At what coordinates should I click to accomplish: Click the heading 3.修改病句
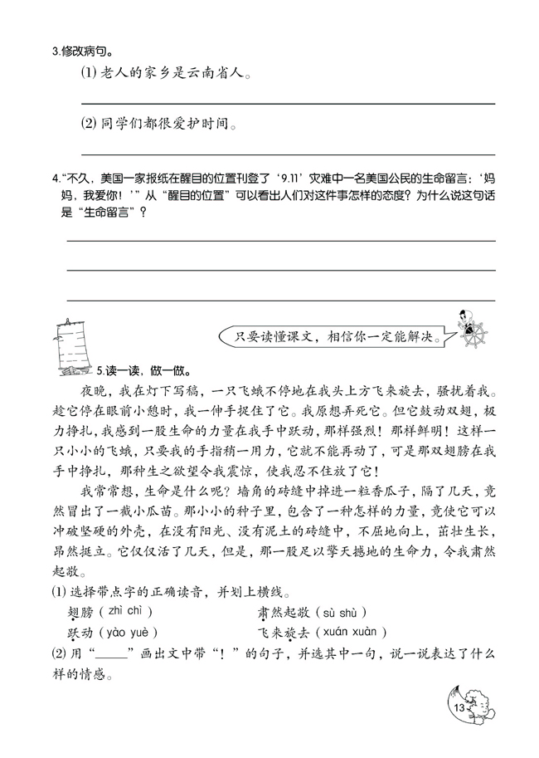(82, 51)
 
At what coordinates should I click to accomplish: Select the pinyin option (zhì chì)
(125, 613)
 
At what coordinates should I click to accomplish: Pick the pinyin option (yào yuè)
(127, 633)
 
